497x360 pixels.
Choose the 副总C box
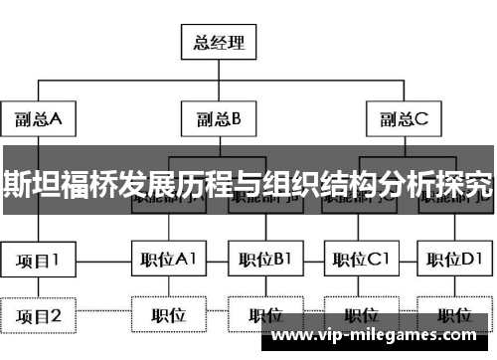coord(404,120)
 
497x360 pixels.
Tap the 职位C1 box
coord(360,262)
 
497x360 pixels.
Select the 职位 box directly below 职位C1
coord(360,316)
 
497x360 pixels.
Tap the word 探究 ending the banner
coord(469,185)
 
